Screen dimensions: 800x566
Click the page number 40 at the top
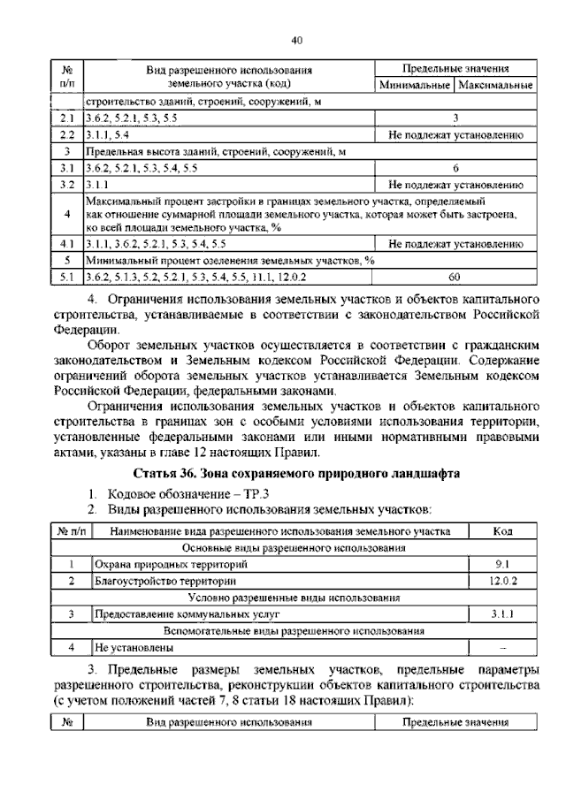point(297,39)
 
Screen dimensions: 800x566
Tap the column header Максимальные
point(494,86)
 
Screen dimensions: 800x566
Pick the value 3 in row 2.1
point(455,118)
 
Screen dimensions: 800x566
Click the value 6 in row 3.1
point(455,167)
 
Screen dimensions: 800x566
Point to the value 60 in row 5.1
point(455,277)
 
